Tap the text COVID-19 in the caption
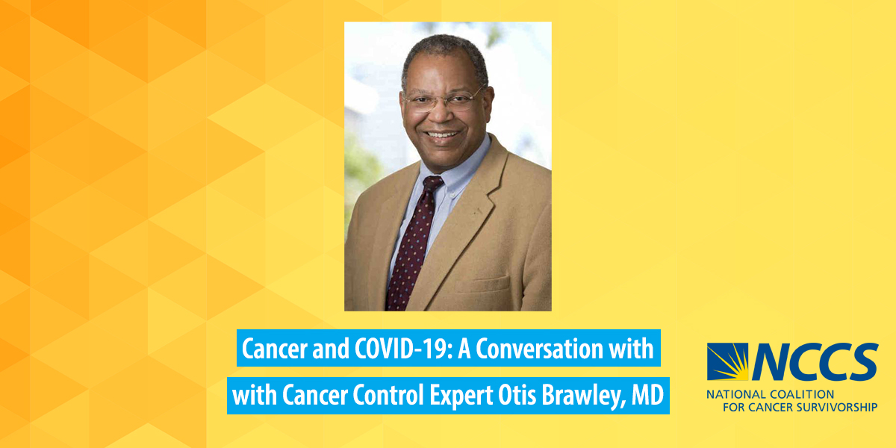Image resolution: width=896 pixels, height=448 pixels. coord(404,349)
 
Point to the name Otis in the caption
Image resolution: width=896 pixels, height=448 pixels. coord(517,395)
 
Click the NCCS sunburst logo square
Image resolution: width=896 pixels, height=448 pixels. coord(727,361)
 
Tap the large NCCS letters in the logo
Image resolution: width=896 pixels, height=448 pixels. coord(815,361)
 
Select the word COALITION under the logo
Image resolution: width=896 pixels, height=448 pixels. coord(803,395)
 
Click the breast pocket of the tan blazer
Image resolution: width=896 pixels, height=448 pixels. coord(482,284)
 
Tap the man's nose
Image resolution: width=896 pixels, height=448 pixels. coord(441,114)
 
